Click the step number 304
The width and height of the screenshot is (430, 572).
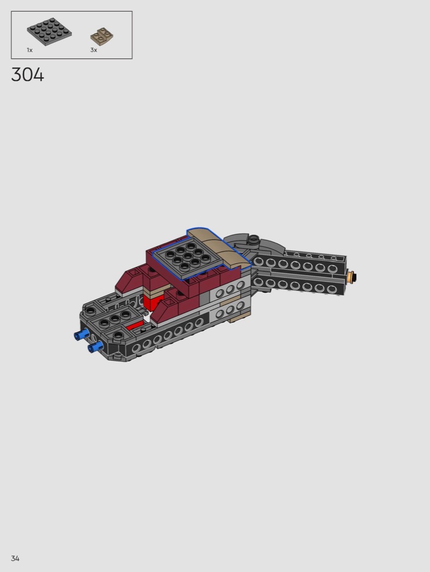[x=27, y=75]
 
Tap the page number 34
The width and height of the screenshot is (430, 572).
[x=15, y=558]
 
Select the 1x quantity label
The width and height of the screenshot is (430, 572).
[x=29, y=50]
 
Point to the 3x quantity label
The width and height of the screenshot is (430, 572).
[x=94, y=50]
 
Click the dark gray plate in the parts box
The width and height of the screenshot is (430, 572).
[x=49, y=31]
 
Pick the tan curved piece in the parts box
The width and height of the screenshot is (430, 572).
[x=102, y=37]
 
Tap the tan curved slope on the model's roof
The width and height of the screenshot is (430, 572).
[x=219, y=247]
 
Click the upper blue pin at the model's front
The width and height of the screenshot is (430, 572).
[x=82, y=334]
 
